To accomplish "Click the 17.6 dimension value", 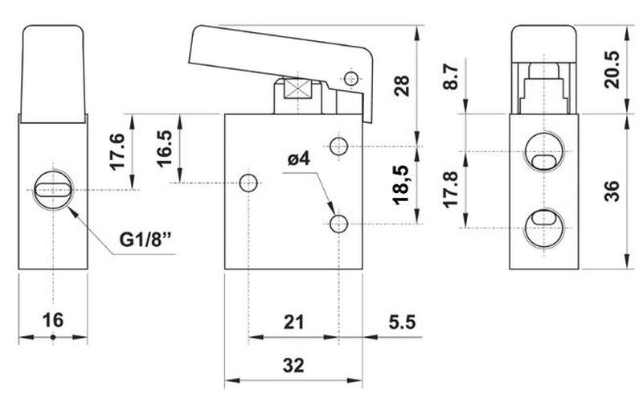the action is click(x=117, y=151).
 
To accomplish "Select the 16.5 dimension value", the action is click(x=165, y=148).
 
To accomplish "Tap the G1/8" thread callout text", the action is click(x=145, y=240).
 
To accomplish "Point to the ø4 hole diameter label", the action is click(x=298, y=158).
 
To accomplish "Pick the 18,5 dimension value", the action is click(x=400, y=185).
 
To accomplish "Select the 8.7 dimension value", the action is click(x=450, y=76).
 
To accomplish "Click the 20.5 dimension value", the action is click(x=612, y=69).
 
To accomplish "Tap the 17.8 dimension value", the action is click(x=450, y=189).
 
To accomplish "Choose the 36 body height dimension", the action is click(x=612, y=191).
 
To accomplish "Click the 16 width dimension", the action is click(x=53, y=320).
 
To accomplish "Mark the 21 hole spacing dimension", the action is click(x=294, y=323).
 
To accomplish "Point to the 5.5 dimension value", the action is click(x=403, y=322).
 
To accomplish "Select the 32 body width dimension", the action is click(x=293, y=365).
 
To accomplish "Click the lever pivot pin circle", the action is click(x=351, y=77).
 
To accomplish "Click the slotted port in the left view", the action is click(x=53, y=190).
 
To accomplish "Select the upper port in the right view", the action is click(x=544, y=151).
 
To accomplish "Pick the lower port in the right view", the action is click(x=544, y=228).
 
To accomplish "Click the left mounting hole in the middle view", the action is click(x=248, y=183).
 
